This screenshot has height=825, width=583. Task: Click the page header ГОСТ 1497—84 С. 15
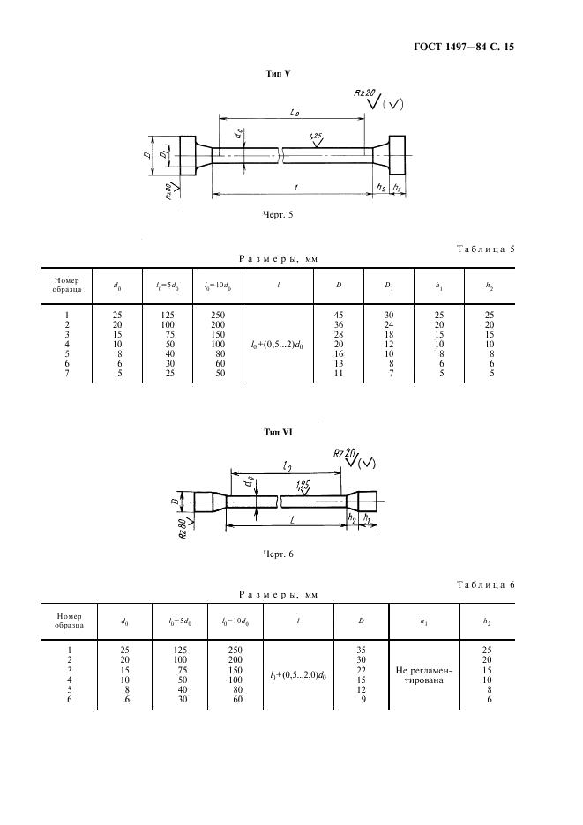point(463,48)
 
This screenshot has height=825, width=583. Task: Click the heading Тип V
point(278,74)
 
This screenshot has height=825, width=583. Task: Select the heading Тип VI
point(278,433)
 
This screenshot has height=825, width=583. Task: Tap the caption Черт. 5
point(278,215)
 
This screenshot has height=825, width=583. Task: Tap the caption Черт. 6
point(278,554)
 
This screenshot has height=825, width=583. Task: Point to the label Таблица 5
point(485,249)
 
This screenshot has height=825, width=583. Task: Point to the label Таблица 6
point(485,585)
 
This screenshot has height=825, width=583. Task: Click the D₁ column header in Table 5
point(389,286)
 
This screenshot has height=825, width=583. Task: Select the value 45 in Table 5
point(339,316)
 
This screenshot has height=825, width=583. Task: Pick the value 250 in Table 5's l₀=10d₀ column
point(218,316)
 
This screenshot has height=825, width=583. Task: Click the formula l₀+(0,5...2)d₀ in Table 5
point(278,346)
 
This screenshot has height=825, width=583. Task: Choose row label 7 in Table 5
point(67,374)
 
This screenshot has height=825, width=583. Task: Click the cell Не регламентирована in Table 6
point(423,675)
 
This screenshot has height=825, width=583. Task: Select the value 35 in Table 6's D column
point(362,650)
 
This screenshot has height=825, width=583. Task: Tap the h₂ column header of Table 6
point(487,621)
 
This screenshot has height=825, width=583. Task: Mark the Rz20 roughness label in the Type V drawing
point(364,93)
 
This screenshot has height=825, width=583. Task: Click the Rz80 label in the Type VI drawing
point(183,528)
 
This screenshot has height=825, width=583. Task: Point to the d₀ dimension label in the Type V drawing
point(240,134)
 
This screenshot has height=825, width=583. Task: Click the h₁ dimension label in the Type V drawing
point(398,188)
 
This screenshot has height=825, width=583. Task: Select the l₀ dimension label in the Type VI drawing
point(288,465)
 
